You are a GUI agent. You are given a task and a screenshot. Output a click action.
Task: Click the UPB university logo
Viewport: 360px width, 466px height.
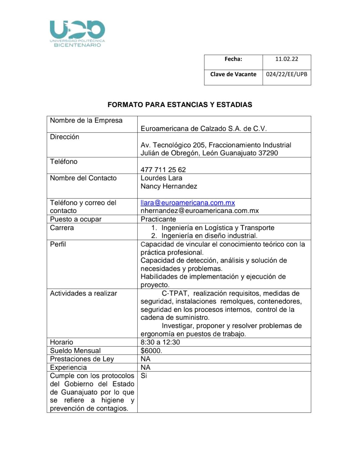click(77, 33)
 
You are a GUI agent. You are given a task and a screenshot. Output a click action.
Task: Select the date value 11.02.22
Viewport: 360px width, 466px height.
click(287, 59)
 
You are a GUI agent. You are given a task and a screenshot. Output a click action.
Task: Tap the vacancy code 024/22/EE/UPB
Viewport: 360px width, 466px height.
click(287, 74)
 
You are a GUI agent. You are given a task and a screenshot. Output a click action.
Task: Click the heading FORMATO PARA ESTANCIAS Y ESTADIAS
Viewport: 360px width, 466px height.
click(180, 105)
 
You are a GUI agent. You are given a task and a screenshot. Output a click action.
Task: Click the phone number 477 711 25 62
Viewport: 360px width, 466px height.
click(163, 170)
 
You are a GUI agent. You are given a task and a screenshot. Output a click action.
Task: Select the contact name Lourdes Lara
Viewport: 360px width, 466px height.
click(161, 178)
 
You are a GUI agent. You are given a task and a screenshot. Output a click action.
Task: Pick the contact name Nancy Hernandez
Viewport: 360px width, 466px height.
click(169, 186)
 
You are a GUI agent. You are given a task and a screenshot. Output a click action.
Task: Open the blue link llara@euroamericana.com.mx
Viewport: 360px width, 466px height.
click(188, 203)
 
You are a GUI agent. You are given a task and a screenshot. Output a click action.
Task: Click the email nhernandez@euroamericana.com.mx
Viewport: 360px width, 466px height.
click(200, 211)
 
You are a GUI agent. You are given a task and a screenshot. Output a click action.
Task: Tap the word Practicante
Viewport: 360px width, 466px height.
click(158, 219)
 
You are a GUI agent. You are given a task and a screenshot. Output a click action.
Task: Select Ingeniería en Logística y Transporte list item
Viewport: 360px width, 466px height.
click(218, 228)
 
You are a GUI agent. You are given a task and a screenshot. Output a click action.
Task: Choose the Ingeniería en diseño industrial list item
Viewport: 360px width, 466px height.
click(209, 236)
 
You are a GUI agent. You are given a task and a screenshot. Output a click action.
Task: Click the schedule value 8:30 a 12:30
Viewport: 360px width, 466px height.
click(160, 342)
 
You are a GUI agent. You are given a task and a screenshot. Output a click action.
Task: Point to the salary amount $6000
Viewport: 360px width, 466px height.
click(151, 351)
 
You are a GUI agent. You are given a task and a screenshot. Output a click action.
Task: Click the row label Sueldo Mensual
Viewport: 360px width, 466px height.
click(75, 351)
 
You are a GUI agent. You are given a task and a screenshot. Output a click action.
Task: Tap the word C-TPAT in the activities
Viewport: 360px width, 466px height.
click(175, 293)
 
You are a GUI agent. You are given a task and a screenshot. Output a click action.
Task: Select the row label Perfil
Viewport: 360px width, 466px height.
click(58, 244)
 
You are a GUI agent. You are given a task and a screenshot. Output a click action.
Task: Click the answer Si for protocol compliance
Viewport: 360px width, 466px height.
click(144, 376)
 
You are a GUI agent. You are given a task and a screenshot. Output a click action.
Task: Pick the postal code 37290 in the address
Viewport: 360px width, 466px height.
click(268, 153)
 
